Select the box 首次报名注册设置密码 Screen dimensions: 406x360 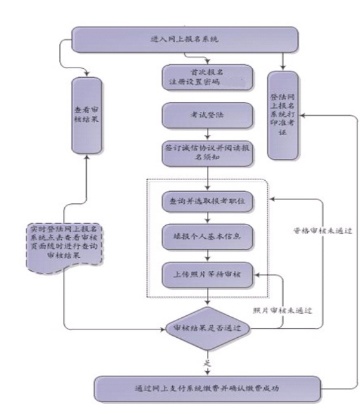[206, 77]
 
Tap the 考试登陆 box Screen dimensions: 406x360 [206, 116]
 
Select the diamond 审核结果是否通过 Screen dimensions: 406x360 [207, 328]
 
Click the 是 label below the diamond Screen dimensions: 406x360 [207, 363]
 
